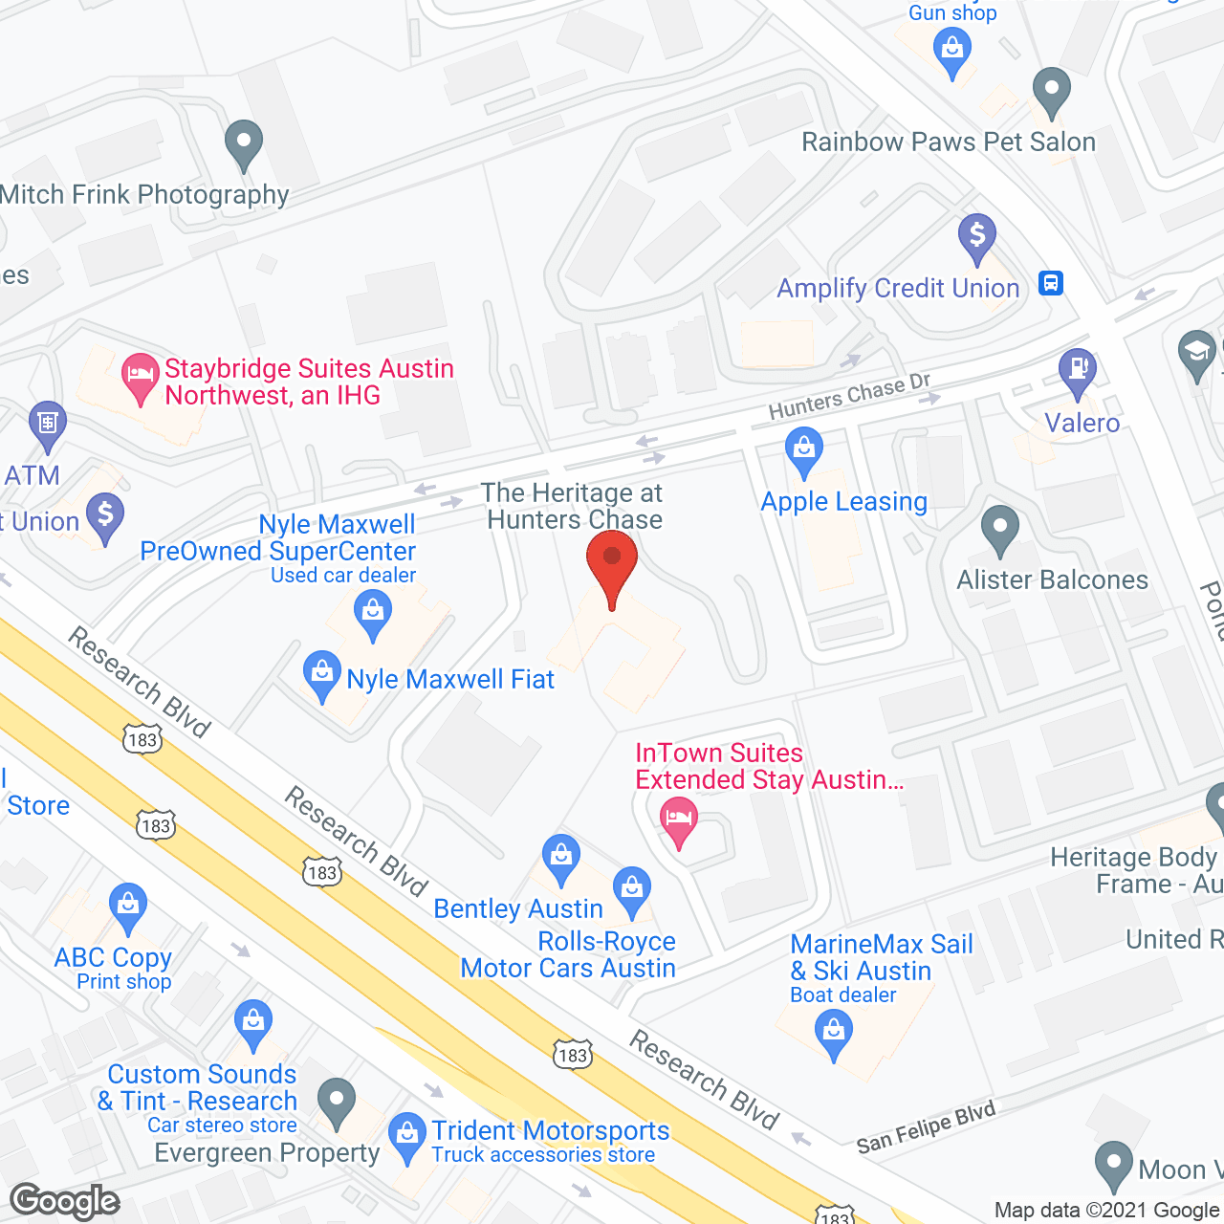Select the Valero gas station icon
click(1078, 371)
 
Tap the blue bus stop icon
click(1051, 283)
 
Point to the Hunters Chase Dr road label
click(849, 396)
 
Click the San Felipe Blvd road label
click(926, 1127)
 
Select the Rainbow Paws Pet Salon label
click(949, 142)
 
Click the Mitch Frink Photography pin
click(244, 142)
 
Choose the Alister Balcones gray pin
click(1000, 528)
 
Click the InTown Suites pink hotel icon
click(679, 820)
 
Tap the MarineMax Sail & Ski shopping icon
click(834, 1034)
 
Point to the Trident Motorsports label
click(550, 1130)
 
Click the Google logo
click(64, 1201)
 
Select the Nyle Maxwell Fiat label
click(450, 680)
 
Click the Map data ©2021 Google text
click(1107, 1211)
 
